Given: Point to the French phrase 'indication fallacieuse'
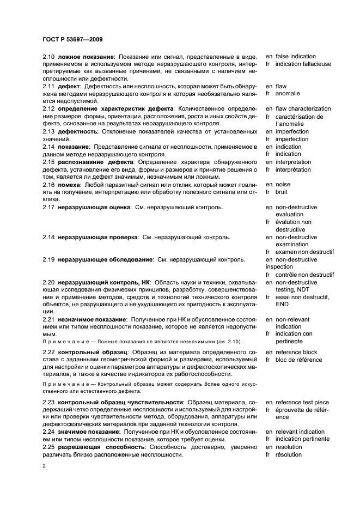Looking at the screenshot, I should point(303,64).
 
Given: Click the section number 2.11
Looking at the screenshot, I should point(49,87).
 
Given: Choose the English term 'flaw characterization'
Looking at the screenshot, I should point(303,109).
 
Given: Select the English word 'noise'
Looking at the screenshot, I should point(283,185).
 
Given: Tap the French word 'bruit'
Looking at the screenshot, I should point(282,192).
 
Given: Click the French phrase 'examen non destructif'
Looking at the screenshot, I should point(304,252).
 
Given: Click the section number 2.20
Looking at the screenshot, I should point(49,283).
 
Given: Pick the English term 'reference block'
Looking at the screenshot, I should point(298,353).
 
